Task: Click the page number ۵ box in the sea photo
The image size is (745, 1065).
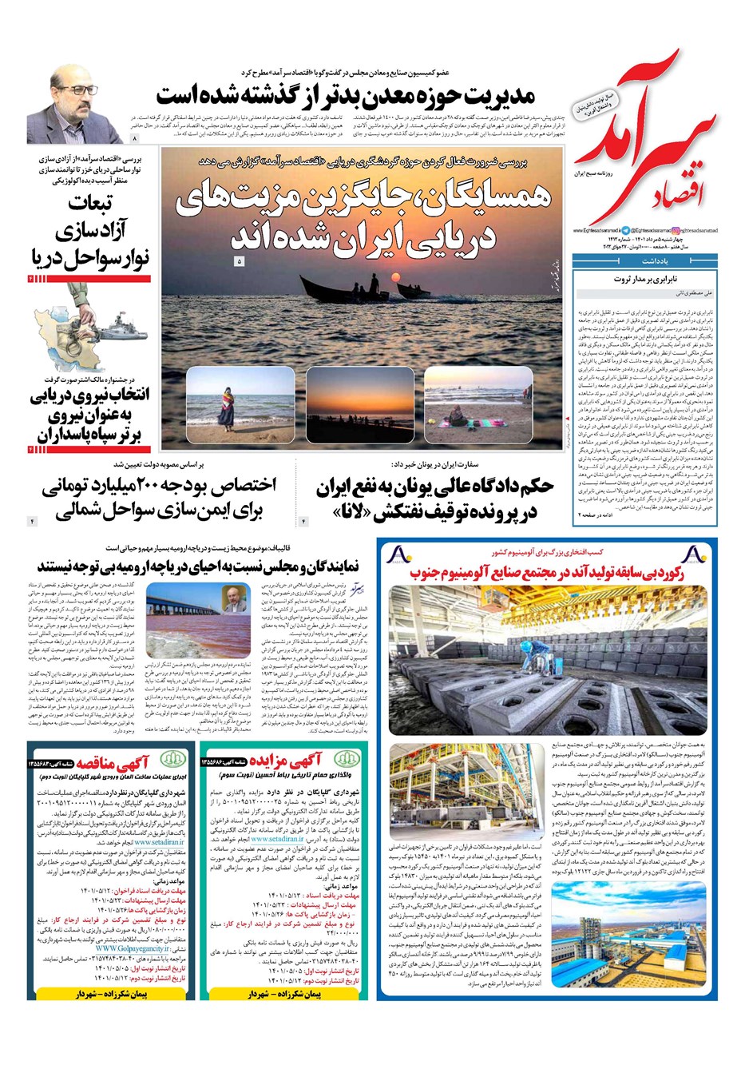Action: [x=239, y=261]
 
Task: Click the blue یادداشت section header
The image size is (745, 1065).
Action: [x=647, y=260]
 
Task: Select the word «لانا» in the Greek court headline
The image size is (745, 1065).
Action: [x=352, y=511]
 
